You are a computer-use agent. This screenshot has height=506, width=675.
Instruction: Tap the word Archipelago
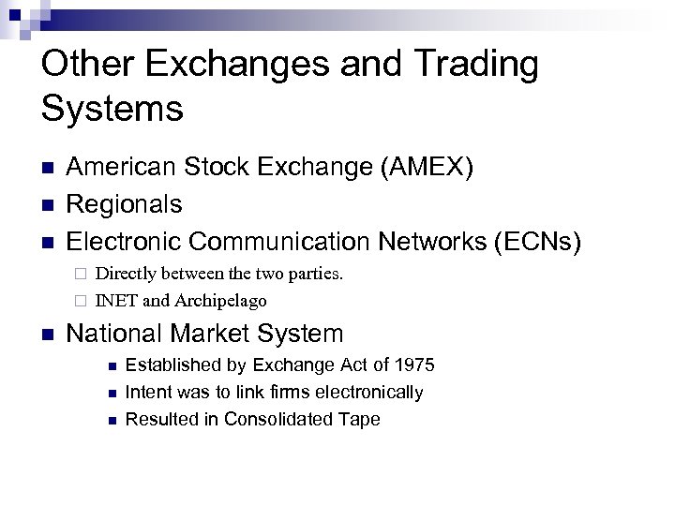point(220,301)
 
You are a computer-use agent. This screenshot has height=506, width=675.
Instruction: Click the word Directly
point(127,275)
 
